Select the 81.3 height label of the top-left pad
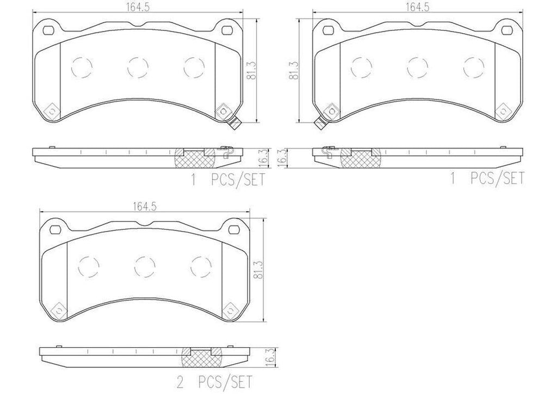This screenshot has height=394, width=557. click(x=251, y=70)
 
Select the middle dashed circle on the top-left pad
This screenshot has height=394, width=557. click(x=137, y=67)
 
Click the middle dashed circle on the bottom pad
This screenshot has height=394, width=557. click(x=144, y=266)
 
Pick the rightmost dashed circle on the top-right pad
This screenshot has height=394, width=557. click(x=473, y=67)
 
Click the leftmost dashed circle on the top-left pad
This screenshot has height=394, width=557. click(x=82, y=67)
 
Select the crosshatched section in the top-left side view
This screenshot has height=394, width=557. click(x=194, y=158)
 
